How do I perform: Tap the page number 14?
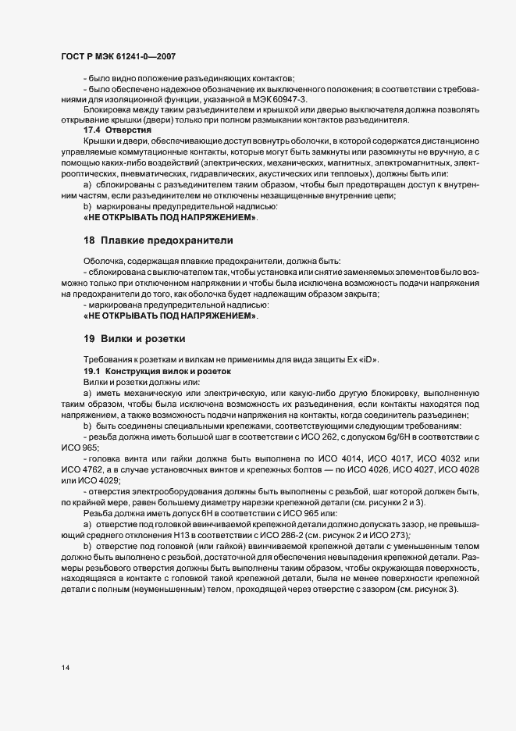[66, 667]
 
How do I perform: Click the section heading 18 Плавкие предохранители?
[157, 239]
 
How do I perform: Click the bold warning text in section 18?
[170, 316]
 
